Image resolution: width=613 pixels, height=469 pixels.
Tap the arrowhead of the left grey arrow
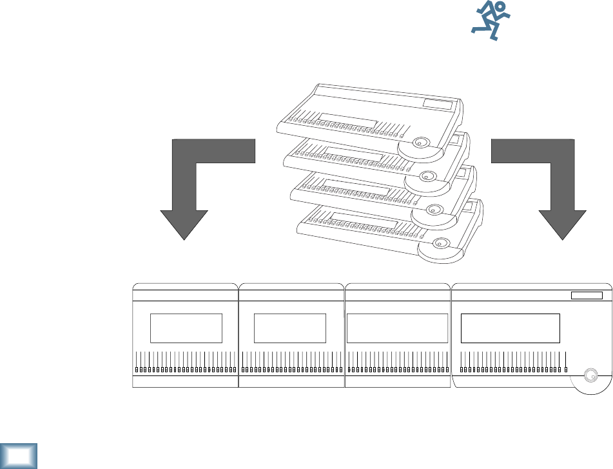click(184, 223)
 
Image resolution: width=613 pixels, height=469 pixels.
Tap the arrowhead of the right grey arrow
click(563, 223)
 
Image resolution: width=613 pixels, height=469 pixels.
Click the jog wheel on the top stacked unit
click(422, 143)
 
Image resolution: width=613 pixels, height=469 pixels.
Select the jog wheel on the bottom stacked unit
click(442, 244)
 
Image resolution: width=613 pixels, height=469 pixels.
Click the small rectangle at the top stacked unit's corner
click(439, 104)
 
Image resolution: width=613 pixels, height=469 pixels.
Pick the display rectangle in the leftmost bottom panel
click(186, 328)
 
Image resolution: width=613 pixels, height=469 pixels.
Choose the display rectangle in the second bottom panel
click(290, 328)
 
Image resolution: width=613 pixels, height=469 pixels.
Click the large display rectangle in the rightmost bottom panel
click(510, 328)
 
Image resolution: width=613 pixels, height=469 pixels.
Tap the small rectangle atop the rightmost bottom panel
click(586, 295)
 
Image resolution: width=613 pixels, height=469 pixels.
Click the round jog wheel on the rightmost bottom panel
click(589, 375)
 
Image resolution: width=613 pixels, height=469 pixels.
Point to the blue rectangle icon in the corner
click(19, 456)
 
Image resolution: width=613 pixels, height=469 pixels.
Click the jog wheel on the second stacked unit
click(427, 176)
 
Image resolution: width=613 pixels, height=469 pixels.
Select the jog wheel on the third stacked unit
click(434, 210)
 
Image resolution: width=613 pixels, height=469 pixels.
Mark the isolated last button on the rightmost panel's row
click(566, 370)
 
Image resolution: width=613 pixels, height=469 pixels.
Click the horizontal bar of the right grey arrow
click(522, 151)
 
